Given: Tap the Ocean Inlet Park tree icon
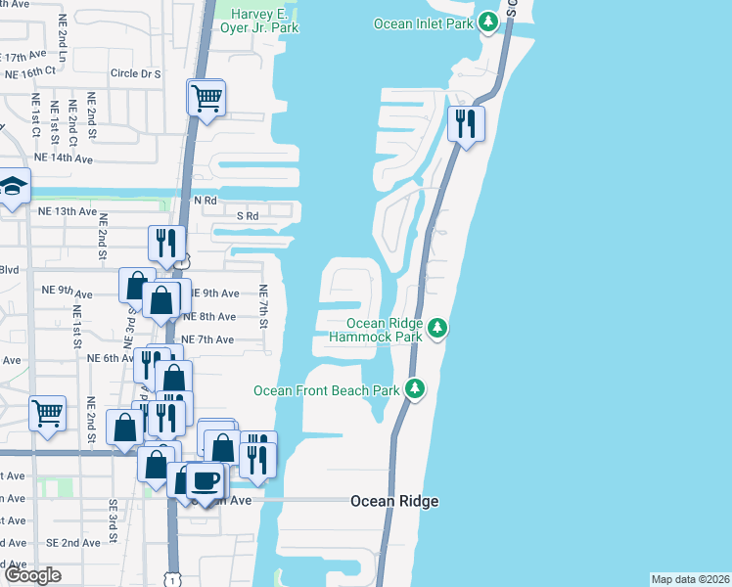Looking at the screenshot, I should coord(487,22).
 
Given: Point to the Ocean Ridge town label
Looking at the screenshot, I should coord(394,501).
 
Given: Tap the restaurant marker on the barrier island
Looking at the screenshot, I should coord(467,124).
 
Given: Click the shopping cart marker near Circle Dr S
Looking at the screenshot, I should coord(206,98).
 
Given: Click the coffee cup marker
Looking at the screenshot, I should coord(206,480).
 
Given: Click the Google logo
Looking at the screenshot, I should coord(32,575).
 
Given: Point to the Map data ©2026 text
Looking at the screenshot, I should coord(689,579).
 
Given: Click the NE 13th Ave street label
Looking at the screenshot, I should coord(68,211).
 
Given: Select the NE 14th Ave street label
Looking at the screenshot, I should coord(63,158).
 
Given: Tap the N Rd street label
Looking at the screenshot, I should coord(204,201).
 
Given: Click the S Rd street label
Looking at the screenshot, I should coord(247,215).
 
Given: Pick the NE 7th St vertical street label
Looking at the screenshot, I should coord(263,306).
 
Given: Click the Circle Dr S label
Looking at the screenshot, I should coord(135,73).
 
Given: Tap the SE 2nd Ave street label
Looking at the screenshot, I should coord(72,542).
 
